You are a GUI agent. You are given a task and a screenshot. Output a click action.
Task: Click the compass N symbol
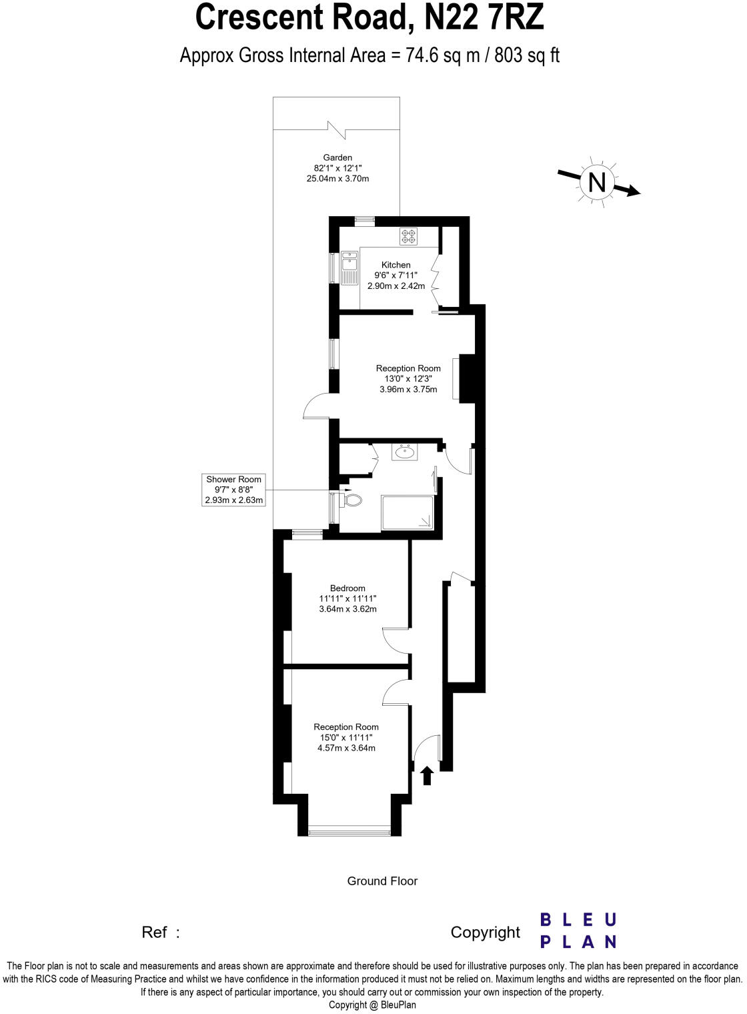click(x=596, y=182)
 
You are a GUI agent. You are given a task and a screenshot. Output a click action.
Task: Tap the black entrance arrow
click(x=428, y=775)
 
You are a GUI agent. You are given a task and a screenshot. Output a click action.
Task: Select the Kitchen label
click(x=396, y=265)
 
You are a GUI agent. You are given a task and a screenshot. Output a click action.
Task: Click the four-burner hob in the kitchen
click(x=408, y=235)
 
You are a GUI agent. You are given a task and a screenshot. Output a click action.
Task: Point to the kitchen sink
click(x=349, y=267)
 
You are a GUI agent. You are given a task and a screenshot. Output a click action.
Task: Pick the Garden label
click(x=337, y=158)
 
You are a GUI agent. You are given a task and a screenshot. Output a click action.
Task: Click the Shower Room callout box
click(x=233, y=490)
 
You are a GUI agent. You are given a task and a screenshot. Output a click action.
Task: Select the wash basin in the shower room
click(x=404, y=452)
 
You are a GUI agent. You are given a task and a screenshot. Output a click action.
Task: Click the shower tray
click(x=407, y=512)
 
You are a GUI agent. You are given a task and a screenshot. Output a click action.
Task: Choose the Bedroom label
click(x=347, y=588)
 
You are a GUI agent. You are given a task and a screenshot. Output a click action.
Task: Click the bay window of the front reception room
click(x=349, y=831)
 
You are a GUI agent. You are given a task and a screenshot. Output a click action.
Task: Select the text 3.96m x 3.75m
click(x=408, y=390)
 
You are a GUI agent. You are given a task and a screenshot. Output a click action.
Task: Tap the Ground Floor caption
click(x=382, y=881)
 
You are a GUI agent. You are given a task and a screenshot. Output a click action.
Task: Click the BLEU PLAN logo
click(x=578, y=931)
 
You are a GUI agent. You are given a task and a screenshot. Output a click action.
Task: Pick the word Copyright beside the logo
click(x=485, y=933)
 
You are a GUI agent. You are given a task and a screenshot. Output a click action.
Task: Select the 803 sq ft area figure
click(x=527, y=55)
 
